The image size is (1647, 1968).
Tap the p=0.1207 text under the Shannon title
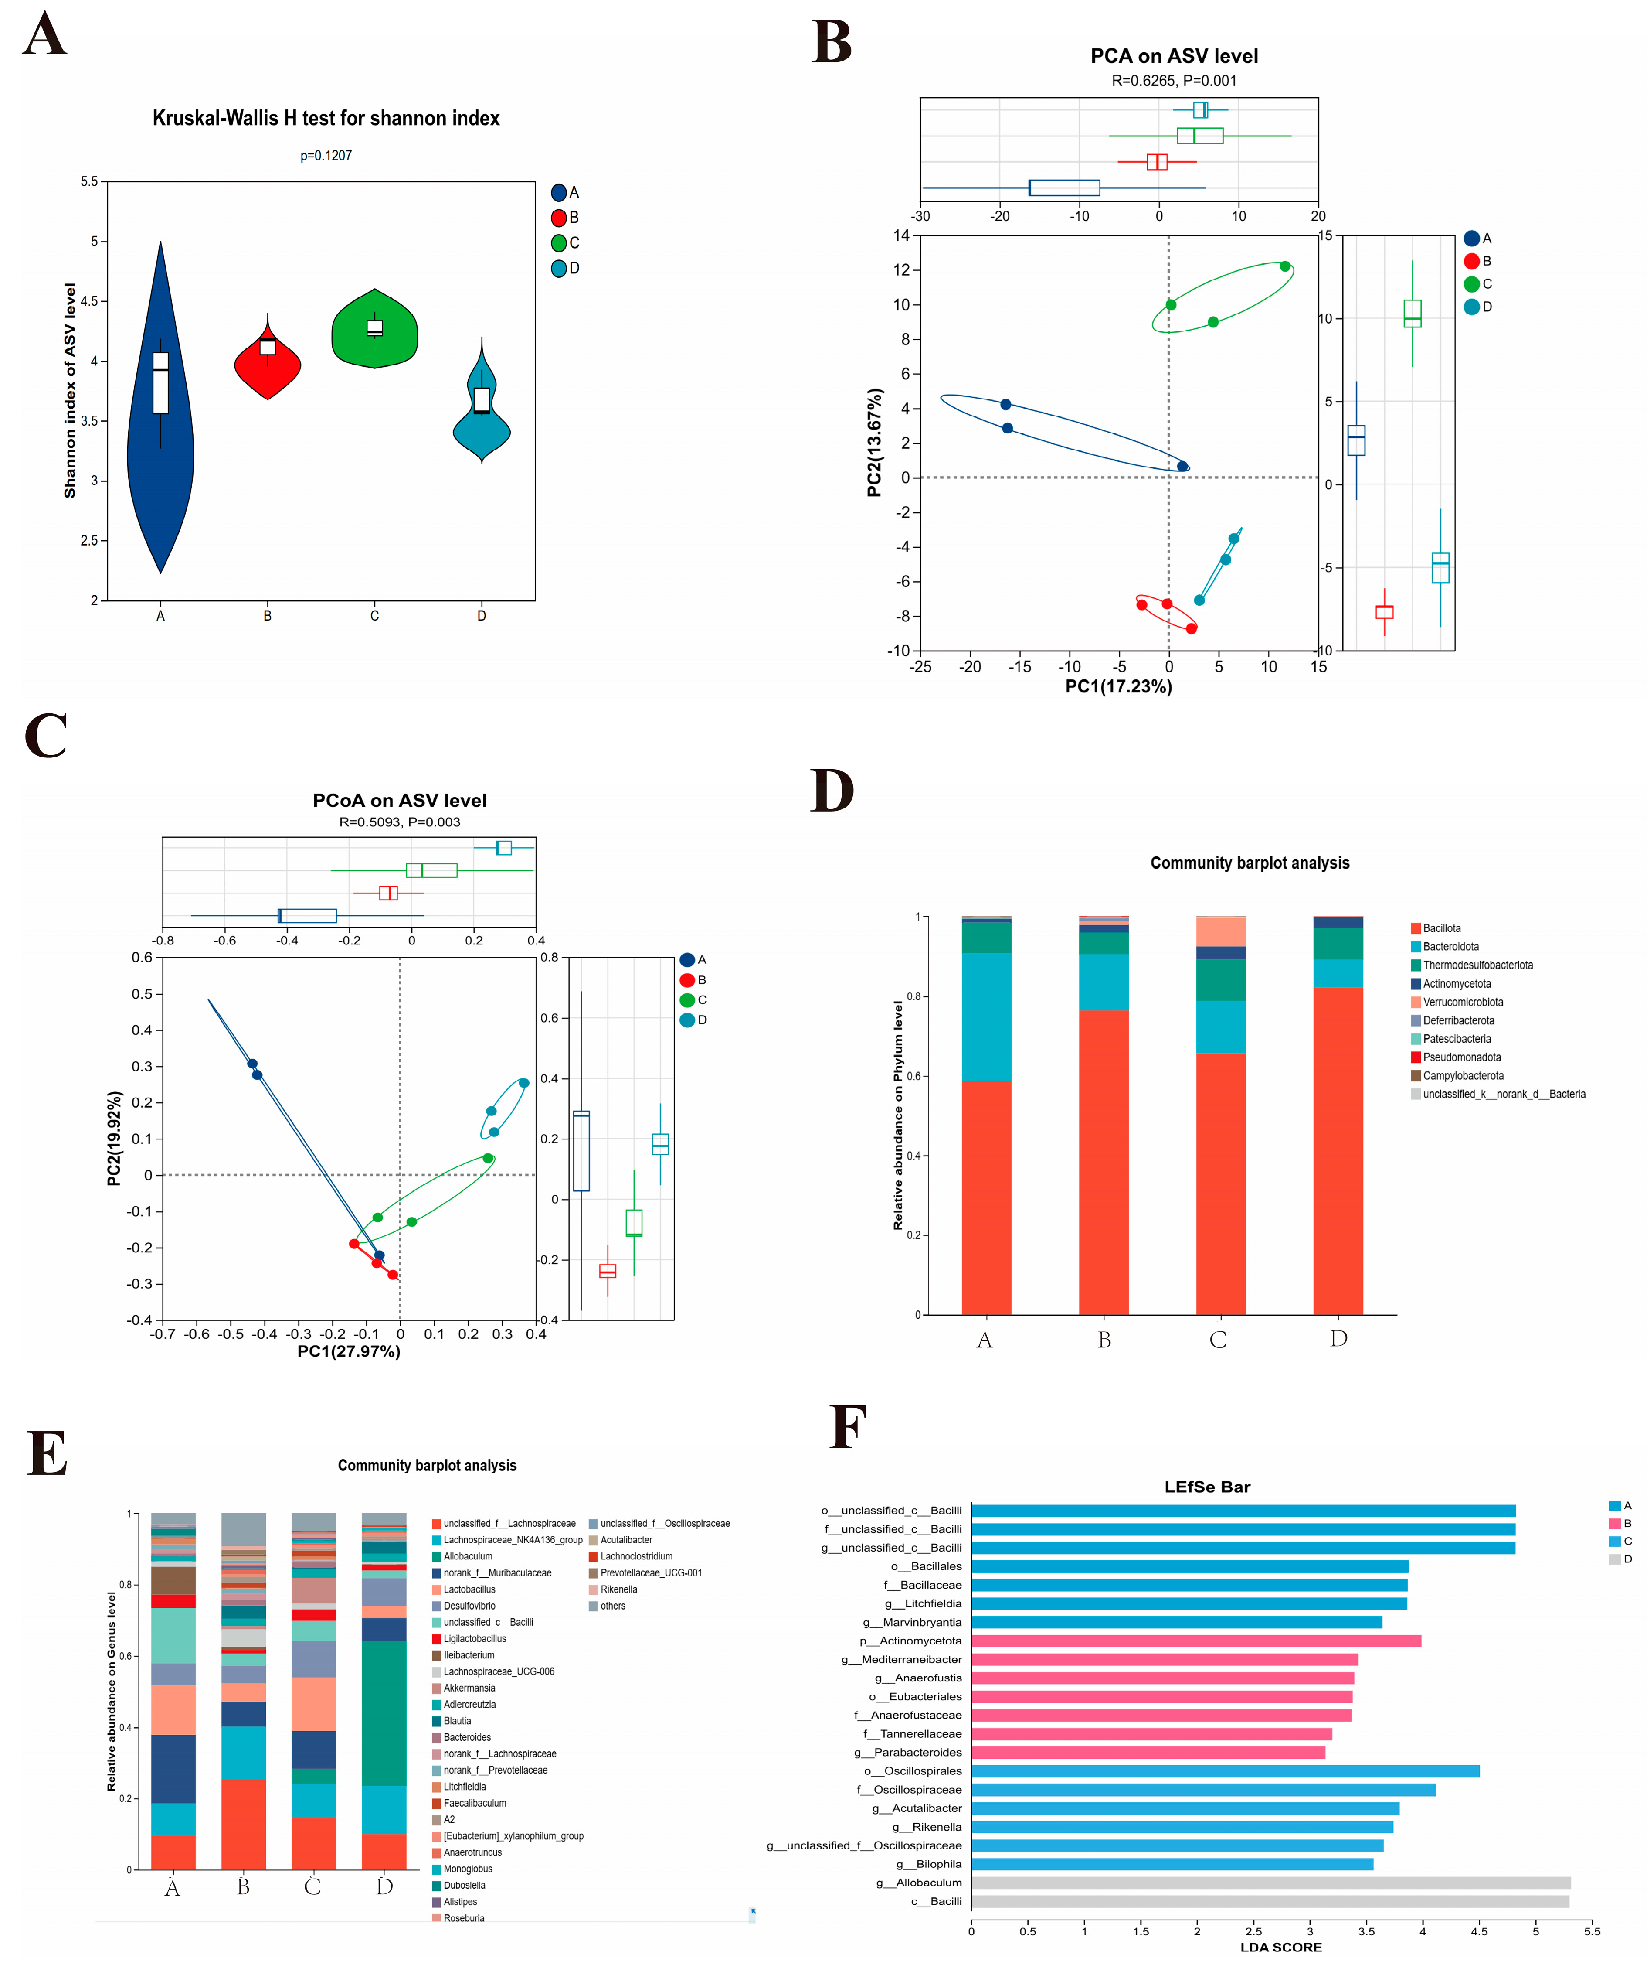point(326,156)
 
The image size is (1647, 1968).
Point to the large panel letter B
point(832,42)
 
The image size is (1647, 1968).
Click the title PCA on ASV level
point(1174,56)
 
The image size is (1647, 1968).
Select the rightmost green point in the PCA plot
point(1284,266)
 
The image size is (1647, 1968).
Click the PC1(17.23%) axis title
point(1119,686)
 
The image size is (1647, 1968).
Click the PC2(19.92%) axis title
point(114,1138)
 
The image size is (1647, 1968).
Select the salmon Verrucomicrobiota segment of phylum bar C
point(1221,931)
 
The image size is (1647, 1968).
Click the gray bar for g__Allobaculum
point(1270,1883)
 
